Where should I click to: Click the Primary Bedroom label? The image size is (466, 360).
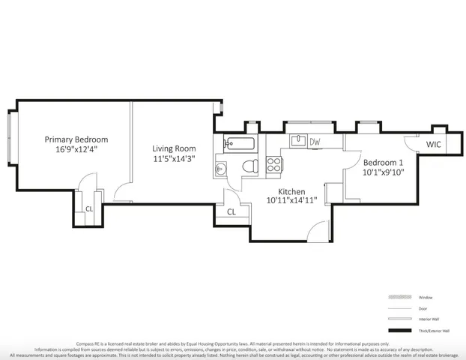pos(76,139)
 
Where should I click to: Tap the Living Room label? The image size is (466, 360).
pos(174,148)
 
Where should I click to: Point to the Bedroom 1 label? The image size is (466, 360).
pos(383,163)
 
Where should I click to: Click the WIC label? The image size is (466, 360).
pos(434,145)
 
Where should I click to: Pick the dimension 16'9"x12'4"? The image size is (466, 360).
pos(76,149)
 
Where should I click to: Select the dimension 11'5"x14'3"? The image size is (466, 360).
pos(174,158)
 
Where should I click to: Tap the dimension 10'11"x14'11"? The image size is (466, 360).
pos(293,200)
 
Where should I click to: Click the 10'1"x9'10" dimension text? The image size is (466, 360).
pos(383,172)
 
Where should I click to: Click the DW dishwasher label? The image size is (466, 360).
pos(315,142)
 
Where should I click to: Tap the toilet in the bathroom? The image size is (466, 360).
pos(251,166)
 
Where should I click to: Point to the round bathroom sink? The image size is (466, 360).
pos(220,169)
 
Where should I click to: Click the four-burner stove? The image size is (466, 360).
pos(274,164)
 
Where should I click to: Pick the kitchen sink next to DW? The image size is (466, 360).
pos(297,140)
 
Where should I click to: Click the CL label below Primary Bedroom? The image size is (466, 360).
pos(88,209)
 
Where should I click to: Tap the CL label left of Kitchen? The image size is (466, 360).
pos(232,211)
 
